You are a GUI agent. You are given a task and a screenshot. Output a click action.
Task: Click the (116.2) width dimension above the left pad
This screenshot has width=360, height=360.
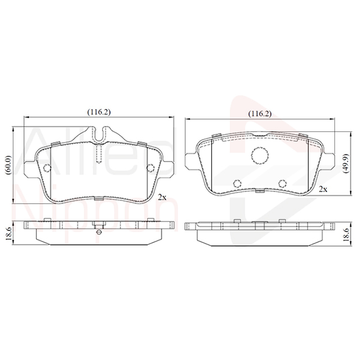[x=99, y=112]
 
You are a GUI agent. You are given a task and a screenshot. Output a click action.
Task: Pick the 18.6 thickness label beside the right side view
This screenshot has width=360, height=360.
[x=346, y=235]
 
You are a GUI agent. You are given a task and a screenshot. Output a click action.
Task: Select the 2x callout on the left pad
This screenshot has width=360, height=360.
[x=161, y=197]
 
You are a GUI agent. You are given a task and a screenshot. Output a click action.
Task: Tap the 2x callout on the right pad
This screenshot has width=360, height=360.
[x=323, y=189]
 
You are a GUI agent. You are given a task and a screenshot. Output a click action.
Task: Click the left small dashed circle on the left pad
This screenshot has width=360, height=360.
[x=47, y=168]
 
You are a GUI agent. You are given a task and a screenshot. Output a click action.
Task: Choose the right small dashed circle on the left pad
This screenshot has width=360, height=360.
[x=150, y=168]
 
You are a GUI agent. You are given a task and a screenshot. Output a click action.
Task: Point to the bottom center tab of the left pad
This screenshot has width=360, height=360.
[x=99, y=198]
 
